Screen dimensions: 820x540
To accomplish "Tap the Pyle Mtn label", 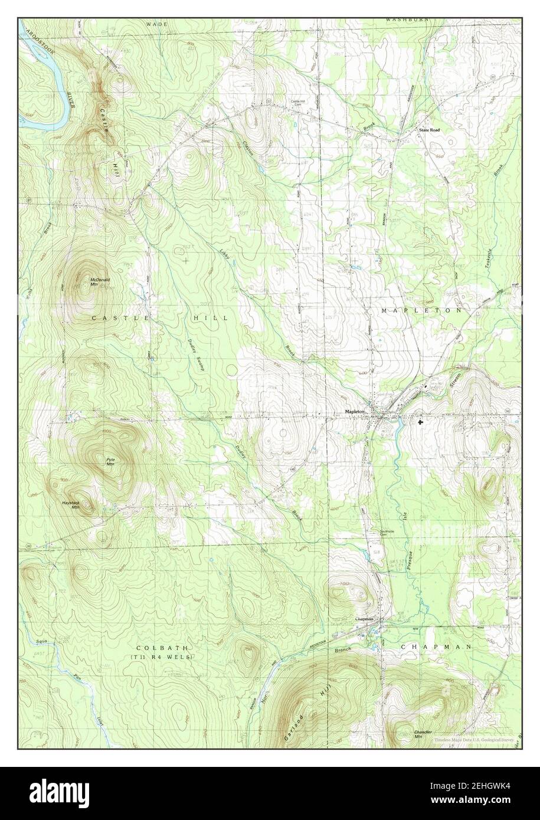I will coord(110,462).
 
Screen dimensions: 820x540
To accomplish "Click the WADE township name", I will coord(158,24).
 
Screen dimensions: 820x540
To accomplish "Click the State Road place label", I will coord(429,129).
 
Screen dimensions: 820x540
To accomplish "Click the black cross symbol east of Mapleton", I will coord(420,422).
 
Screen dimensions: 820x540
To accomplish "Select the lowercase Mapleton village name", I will coord(357,412).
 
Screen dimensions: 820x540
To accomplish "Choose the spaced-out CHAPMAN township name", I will coord(436,647).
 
